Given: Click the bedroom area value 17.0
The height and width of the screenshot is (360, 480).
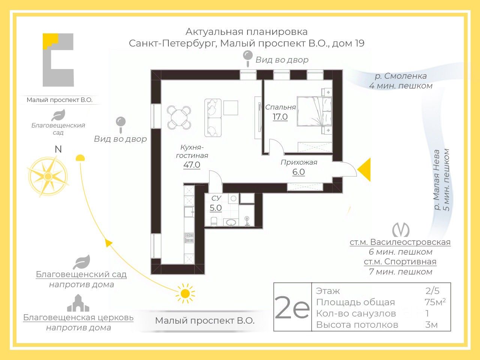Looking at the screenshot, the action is point(280,117).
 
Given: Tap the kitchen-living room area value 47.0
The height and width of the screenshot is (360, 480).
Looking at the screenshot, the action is point(192,165).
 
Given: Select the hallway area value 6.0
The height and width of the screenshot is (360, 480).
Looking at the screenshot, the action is point(298,172).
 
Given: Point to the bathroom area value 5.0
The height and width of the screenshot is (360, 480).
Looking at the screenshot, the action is point(216,208).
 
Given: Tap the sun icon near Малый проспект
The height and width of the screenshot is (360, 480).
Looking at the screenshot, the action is point(185,293).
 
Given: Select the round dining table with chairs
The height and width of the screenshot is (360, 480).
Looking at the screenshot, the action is point(179,117).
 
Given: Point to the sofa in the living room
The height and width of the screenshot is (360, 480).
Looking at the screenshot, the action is point(213,117).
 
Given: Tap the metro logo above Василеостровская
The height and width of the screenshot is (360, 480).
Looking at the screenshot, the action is point(400,229).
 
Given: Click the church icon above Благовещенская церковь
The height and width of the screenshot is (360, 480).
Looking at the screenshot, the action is point(78,303).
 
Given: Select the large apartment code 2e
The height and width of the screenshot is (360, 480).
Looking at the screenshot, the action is point(292,307).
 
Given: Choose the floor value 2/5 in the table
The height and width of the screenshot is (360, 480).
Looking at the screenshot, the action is point(432,291).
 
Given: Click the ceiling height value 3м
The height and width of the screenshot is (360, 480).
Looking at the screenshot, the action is point(431,324).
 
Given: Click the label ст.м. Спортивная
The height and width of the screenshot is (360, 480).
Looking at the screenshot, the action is point(400,262).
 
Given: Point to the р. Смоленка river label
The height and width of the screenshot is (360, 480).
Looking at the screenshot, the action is point(400,76).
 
